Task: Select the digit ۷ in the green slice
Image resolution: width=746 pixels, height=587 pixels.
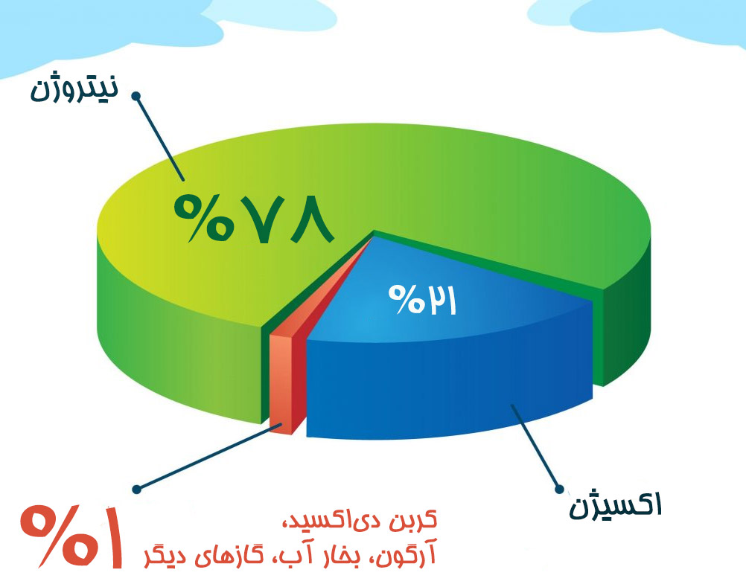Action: pos(256,218)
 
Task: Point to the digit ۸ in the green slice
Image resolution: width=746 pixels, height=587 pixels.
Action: pos(309,218)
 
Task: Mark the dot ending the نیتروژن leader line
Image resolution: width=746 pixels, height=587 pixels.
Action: pos(136,96)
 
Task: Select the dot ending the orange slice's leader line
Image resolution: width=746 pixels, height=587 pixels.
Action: pos(136,489)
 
